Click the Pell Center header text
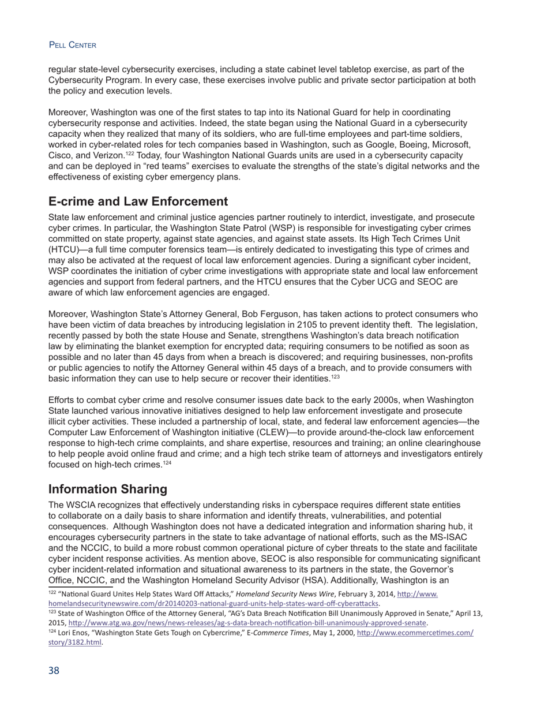[x=72, y=45]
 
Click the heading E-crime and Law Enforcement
[x=138, y=201]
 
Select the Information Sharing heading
[x=107, y=489]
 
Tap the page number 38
[x=54, y=670]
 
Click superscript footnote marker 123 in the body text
[x=335, y=376]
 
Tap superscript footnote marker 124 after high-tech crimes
[x=167, y=462]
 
